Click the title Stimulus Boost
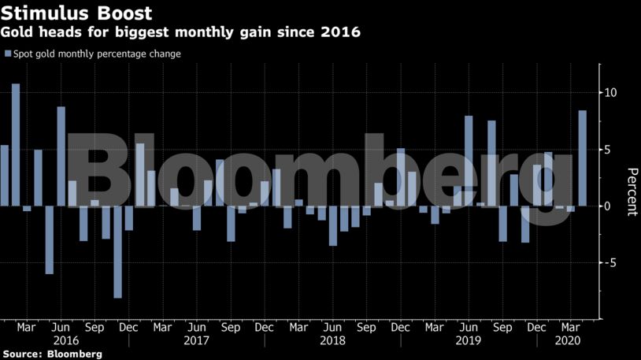[77, 13]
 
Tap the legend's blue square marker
[8, 54]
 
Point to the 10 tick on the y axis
[611, 93]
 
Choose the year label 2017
[197, 341]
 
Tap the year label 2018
[333, 341]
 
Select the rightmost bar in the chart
[583, 158]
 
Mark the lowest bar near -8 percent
[118, 252]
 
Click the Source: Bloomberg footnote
[52, 354]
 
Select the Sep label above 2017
[231, 327]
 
